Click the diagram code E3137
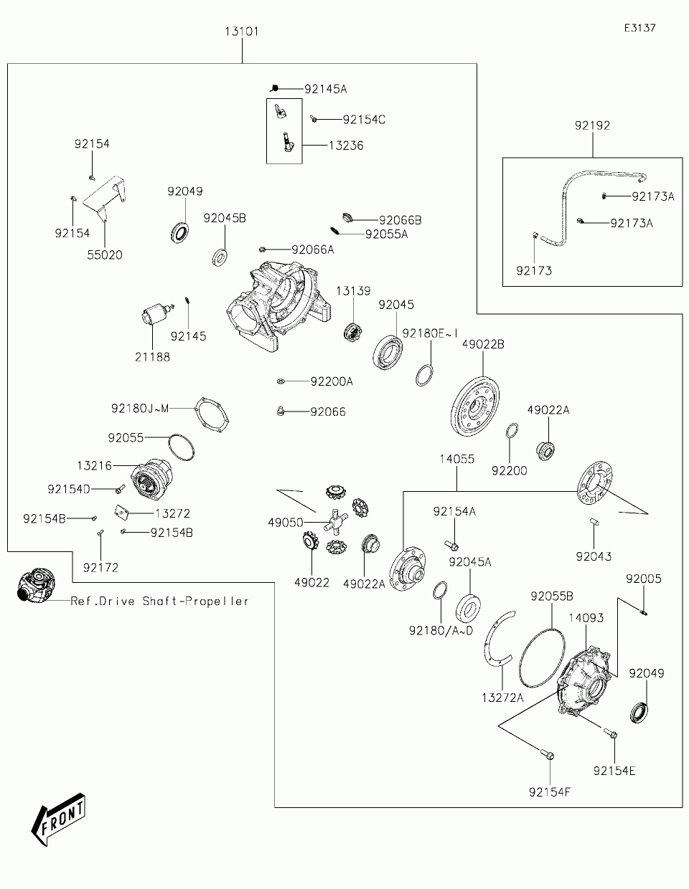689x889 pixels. click(640, 28)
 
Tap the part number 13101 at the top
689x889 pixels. click(242, 32)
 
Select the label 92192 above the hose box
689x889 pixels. click(592, 125)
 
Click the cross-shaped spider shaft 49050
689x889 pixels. click(336, 521)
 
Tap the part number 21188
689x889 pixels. click(152, 357)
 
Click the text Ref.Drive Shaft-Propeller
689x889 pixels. click(159, 601)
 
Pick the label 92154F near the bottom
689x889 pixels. click(549, 792)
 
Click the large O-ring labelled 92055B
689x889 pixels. click(542, 657)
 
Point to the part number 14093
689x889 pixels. click(586, 618)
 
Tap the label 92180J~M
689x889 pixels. click(140, 408)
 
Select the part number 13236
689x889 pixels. click(346, 146)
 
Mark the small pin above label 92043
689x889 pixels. click(594, 521)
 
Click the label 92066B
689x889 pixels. click(400, 220)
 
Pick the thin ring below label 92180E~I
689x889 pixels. click(425, 375)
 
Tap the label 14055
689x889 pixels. click(457, 459)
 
